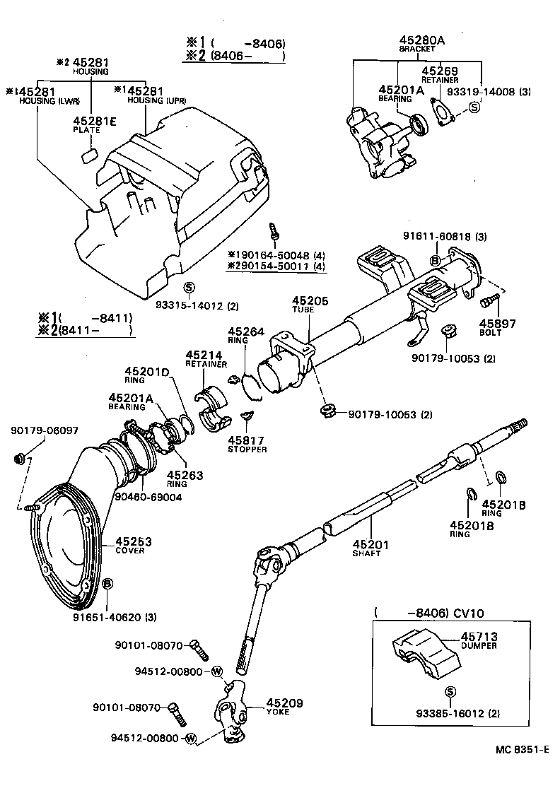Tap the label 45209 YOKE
point(284,707)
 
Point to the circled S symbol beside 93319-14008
point(474,107)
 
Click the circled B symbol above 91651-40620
point(107,583)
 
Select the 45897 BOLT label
point(501,327)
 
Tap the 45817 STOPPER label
point(247,443)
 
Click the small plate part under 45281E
point(89,155)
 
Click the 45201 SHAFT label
point(366,548)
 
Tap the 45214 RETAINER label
point(206,358)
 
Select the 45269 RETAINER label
point(440,75)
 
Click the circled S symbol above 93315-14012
point(188,287)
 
